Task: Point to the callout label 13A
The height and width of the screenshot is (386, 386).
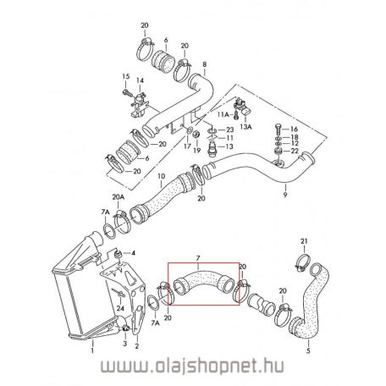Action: (x=247, y=124)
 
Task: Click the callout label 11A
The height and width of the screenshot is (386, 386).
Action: (x=223, y=113)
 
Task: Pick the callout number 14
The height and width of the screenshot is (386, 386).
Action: (x=141, y=80)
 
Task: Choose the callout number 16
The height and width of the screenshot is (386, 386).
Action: (x=295, y=128)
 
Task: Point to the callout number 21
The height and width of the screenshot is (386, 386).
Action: (x=306, y=242)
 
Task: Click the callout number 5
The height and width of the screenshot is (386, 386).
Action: (x=308, y=350)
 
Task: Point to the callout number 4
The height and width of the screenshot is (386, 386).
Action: (x=133, y=253)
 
